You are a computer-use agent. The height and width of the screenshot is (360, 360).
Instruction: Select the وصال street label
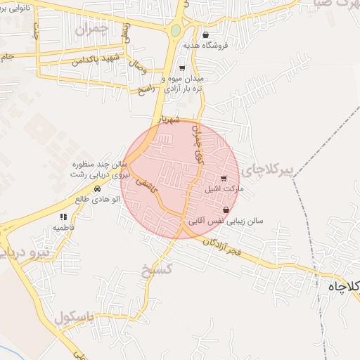[138, 67]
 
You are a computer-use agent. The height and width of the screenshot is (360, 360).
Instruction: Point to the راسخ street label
[146, 89]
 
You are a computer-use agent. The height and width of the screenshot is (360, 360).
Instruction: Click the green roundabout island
[175, 31]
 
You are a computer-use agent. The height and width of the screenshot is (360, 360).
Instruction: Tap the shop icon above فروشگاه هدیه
[205, 34]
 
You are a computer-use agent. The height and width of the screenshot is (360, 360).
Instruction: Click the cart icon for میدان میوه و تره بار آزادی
[182, 68]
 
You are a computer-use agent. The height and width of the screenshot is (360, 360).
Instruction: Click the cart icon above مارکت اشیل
[224, 179]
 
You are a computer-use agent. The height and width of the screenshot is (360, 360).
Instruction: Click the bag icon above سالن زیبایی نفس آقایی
[226, 210]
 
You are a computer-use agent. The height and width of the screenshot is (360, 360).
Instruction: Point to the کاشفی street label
[146, 184]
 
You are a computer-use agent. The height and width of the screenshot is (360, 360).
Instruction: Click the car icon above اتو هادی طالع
[97, 189]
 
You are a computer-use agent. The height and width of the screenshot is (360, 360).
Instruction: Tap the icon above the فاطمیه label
[63, 217]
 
